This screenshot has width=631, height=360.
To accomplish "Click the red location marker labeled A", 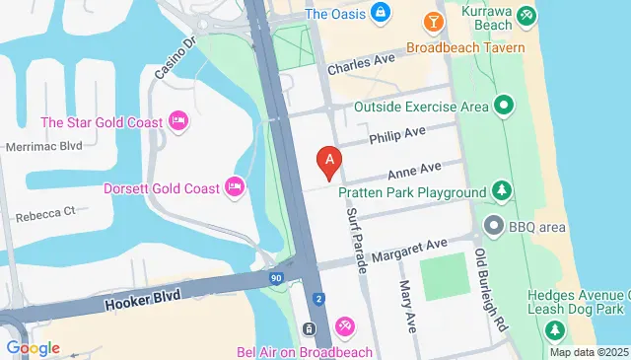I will (x=328, y=160).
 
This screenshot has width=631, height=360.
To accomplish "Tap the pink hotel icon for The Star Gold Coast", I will (x=178, y=121).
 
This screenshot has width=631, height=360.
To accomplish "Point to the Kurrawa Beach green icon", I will (x=527, y=15).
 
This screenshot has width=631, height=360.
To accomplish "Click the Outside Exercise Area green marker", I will (x=504, y=105).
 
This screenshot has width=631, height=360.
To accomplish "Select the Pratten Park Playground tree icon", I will (x=503, y=190).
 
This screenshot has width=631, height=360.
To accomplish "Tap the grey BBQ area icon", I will (x=493, y=227).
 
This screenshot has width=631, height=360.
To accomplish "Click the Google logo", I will (x=33, y=347).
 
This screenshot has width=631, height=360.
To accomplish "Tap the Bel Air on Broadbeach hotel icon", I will (x=344, y=325).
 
